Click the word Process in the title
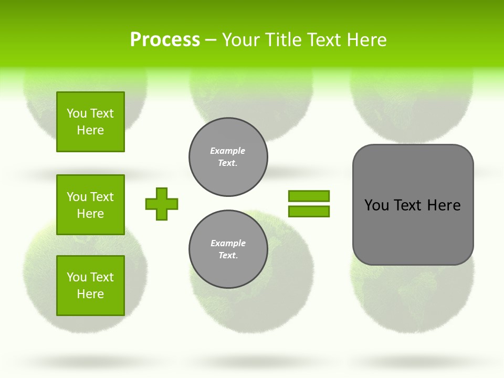click(165, 40)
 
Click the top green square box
click(90, 122)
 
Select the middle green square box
click(90, 205)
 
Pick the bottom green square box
click(90, 286)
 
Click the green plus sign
click(162, 204)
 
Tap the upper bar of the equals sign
click(309, 196)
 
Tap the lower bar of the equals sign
click(309, 211)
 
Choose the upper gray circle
click(228, 156)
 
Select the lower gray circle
click(228, 249)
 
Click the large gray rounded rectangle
click(413, 231)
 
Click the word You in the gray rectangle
click(377, 205)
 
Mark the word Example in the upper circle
click(228, 151)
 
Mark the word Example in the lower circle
click(228, 243)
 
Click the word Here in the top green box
click(90, 130)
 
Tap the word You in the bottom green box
click(77, 277)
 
